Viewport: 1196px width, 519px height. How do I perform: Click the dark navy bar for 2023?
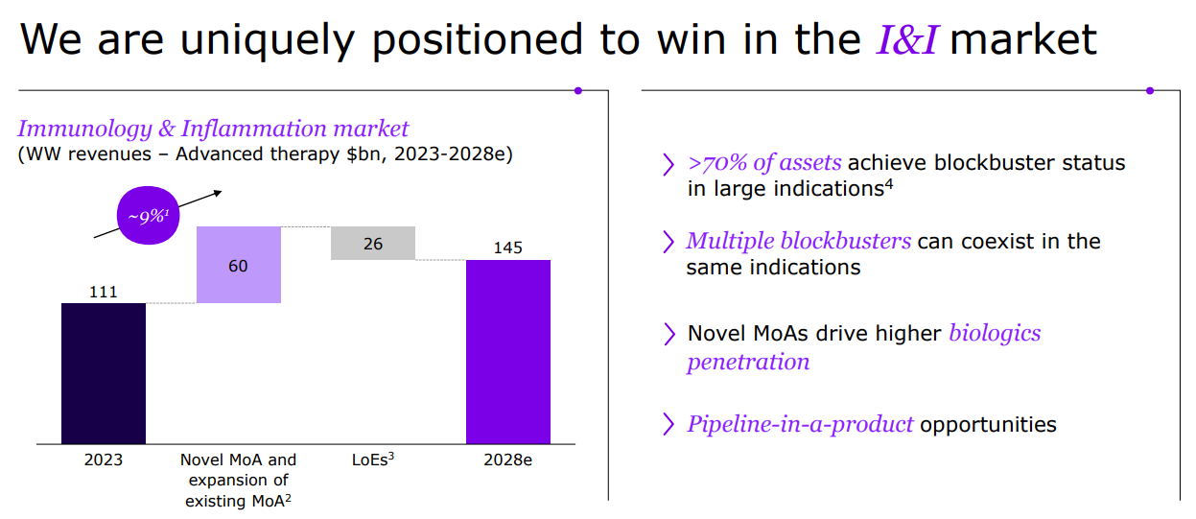coord(104,373)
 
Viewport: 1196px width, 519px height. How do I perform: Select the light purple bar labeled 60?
coord(239,265)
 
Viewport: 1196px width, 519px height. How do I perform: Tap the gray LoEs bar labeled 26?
coord(373,243)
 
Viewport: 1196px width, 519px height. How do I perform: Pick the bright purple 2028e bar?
coord(507,352)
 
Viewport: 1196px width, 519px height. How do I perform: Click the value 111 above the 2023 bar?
coord(103,292)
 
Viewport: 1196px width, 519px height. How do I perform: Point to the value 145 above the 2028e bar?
coord(507,248)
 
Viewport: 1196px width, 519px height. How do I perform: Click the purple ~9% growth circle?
coord(148,215)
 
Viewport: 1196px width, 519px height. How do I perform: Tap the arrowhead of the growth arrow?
coord(218,193)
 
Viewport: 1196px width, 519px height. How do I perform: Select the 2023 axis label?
coord(103,460)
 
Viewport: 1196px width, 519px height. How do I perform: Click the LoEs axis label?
coord(373,460)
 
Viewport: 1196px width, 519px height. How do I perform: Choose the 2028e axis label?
coord(507,460)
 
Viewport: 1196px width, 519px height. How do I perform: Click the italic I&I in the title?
coord(906,39)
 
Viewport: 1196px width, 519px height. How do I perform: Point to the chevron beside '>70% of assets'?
coord(668,164)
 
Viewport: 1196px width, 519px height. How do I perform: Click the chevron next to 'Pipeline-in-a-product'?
coord(668,424)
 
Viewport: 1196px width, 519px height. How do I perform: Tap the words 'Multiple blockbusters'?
coord(799,241)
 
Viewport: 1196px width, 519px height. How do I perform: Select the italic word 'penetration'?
coord(748,362)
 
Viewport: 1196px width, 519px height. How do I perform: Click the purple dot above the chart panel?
coord(578,91)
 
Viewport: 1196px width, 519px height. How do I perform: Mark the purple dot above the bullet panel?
coord(1150,91)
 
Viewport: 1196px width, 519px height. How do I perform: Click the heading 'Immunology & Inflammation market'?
coord(213,129)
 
